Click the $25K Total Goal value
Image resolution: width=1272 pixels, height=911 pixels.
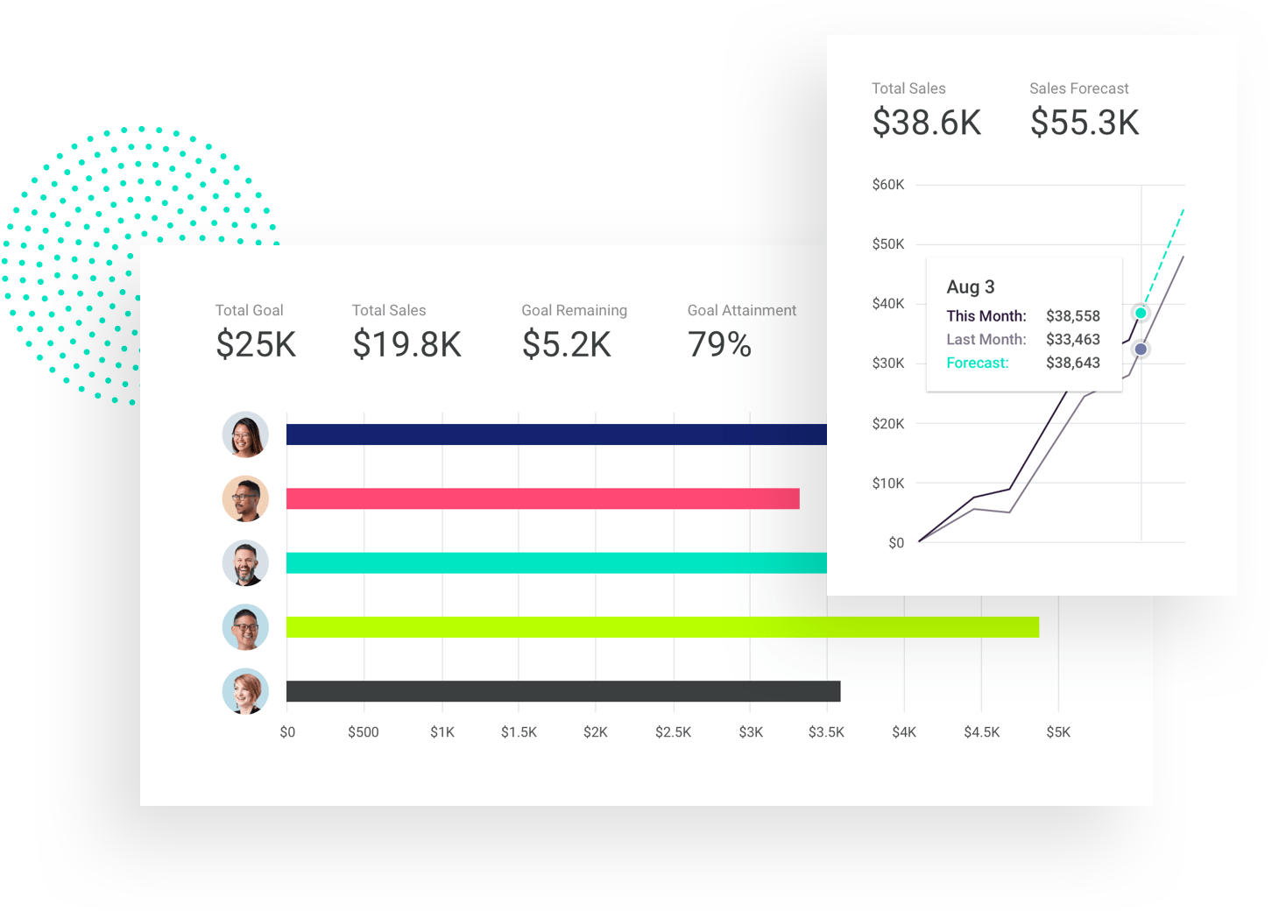256,344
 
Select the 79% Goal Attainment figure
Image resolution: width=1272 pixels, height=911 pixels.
719,344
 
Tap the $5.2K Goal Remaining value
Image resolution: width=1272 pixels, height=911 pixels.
566,344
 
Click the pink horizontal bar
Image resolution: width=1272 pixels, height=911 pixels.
542,498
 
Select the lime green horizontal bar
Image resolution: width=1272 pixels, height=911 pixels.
661,627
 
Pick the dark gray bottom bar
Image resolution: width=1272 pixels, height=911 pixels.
562,691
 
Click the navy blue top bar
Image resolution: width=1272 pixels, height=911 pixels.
555,434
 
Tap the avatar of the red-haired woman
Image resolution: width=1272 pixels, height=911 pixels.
245,691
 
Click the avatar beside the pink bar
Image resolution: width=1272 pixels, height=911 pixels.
245,498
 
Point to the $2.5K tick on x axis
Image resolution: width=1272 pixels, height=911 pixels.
673,732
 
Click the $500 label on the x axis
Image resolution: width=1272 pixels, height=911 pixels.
364,732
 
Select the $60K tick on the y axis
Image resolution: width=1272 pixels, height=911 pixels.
887,185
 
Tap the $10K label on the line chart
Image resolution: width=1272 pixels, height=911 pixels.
887,484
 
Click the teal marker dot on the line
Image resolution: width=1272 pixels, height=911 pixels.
1141,313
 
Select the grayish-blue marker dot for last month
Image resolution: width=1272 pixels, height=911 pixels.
1141,350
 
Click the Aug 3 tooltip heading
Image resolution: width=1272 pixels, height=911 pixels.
970,286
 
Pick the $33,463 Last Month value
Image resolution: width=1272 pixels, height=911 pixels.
1072,339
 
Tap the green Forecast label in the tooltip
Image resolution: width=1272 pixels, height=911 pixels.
977,363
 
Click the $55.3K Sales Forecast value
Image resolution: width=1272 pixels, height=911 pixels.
1084,123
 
